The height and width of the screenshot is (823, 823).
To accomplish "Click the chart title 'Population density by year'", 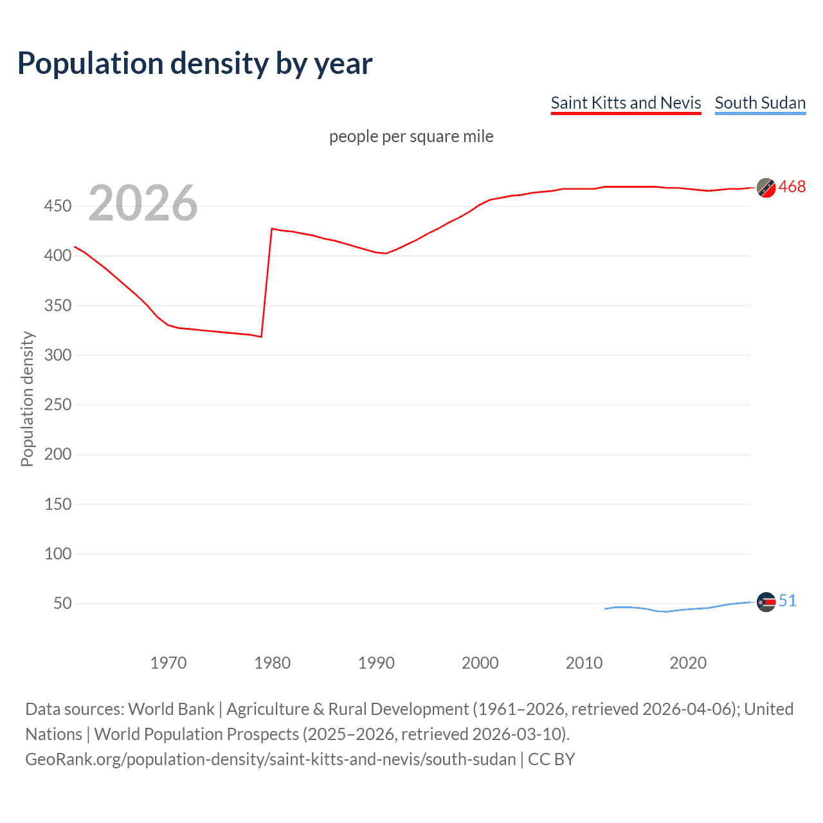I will point(195,64).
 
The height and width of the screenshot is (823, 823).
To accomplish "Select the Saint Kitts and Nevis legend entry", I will point(626,103).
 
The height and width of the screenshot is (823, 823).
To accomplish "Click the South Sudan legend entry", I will point(760,103).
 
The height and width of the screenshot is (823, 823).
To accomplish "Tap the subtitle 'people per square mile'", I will point(411,136).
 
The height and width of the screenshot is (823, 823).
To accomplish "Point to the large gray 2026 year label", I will point(143,203).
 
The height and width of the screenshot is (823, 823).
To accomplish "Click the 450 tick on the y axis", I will point(58,206).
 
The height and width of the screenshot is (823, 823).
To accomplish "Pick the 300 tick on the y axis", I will point(58,355).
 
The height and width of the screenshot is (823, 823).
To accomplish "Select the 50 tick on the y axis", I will point(62,603).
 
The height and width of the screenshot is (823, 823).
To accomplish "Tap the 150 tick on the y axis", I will point(58,504).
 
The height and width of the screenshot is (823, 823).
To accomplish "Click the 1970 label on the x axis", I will point(168,663).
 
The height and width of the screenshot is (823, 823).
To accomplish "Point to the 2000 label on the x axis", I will point(480,663).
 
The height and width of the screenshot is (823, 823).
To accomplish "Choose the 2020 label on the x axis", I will point(688,663).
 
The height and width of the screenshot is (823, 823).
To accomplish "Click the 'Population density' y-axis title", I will point(27,399).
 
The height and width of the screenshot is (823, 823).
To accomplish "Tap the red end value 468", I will point(791,187).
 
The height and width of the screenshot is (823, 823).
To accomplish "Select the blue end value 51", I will point(787,601).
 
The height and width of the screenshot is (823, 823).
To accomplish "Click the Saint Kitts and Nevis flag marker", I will point(766,188).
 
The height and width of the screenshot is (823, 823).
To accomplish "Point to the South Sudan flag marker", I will point(766,602).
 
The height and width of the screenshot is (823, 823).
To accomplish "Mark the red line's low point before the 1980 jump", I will point(261,336).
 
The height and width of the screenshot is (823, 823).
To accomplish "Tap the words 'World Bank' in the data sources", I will point(171,709).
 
